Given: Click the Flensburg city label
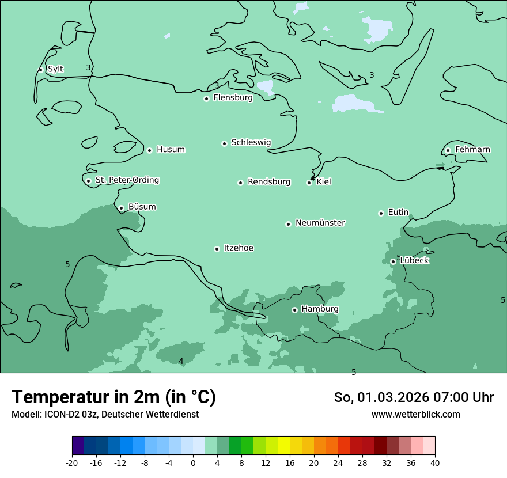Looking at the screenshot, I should [x=233, y=98].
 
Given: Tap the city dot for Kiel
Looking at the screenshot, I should [x=309, y=183].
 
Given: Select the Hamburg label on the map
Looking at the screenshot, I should [x=320, y=309].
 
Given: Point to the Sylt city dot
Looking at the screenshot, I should [x=40, y=70].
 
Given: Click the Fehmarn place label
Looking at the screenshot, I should [x=472, y=150].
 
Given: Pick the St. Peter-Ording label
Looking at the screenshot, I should [x=127, y=180].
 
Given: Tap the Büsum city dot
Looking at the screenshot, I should [x=121, y=208].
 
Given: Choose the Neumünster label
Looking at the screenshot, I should [x=320, y=223].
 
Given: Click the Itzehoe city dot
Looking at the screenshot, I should [x=217, y=249].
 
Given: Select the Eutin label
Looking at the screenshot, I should [x=398, y=213].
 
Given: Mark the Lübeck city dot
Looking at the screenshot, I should [x=393, y=261].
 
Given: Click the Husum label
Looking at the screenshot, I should [x=171, y=150].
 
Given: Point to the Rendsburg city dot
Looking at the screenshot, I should [x=240, y=183].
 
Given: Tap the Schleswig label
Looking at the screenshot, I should [x=251, y=142].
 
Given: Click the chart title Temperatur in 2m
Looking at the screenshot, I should [x=113, y=397].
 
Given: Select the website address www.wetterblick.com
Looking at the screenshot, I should [x=415, y=415].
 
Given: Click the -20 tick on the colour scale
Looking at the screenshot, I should [x=72, y=463].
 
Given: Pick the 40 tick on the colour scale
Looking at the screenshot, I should [x=434, y=463].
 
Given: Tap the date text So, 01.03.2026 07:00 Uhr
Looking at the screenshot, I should [x=414, y=397].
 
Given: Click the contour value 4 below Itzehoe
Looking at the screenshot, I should [x=181, y=361].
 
